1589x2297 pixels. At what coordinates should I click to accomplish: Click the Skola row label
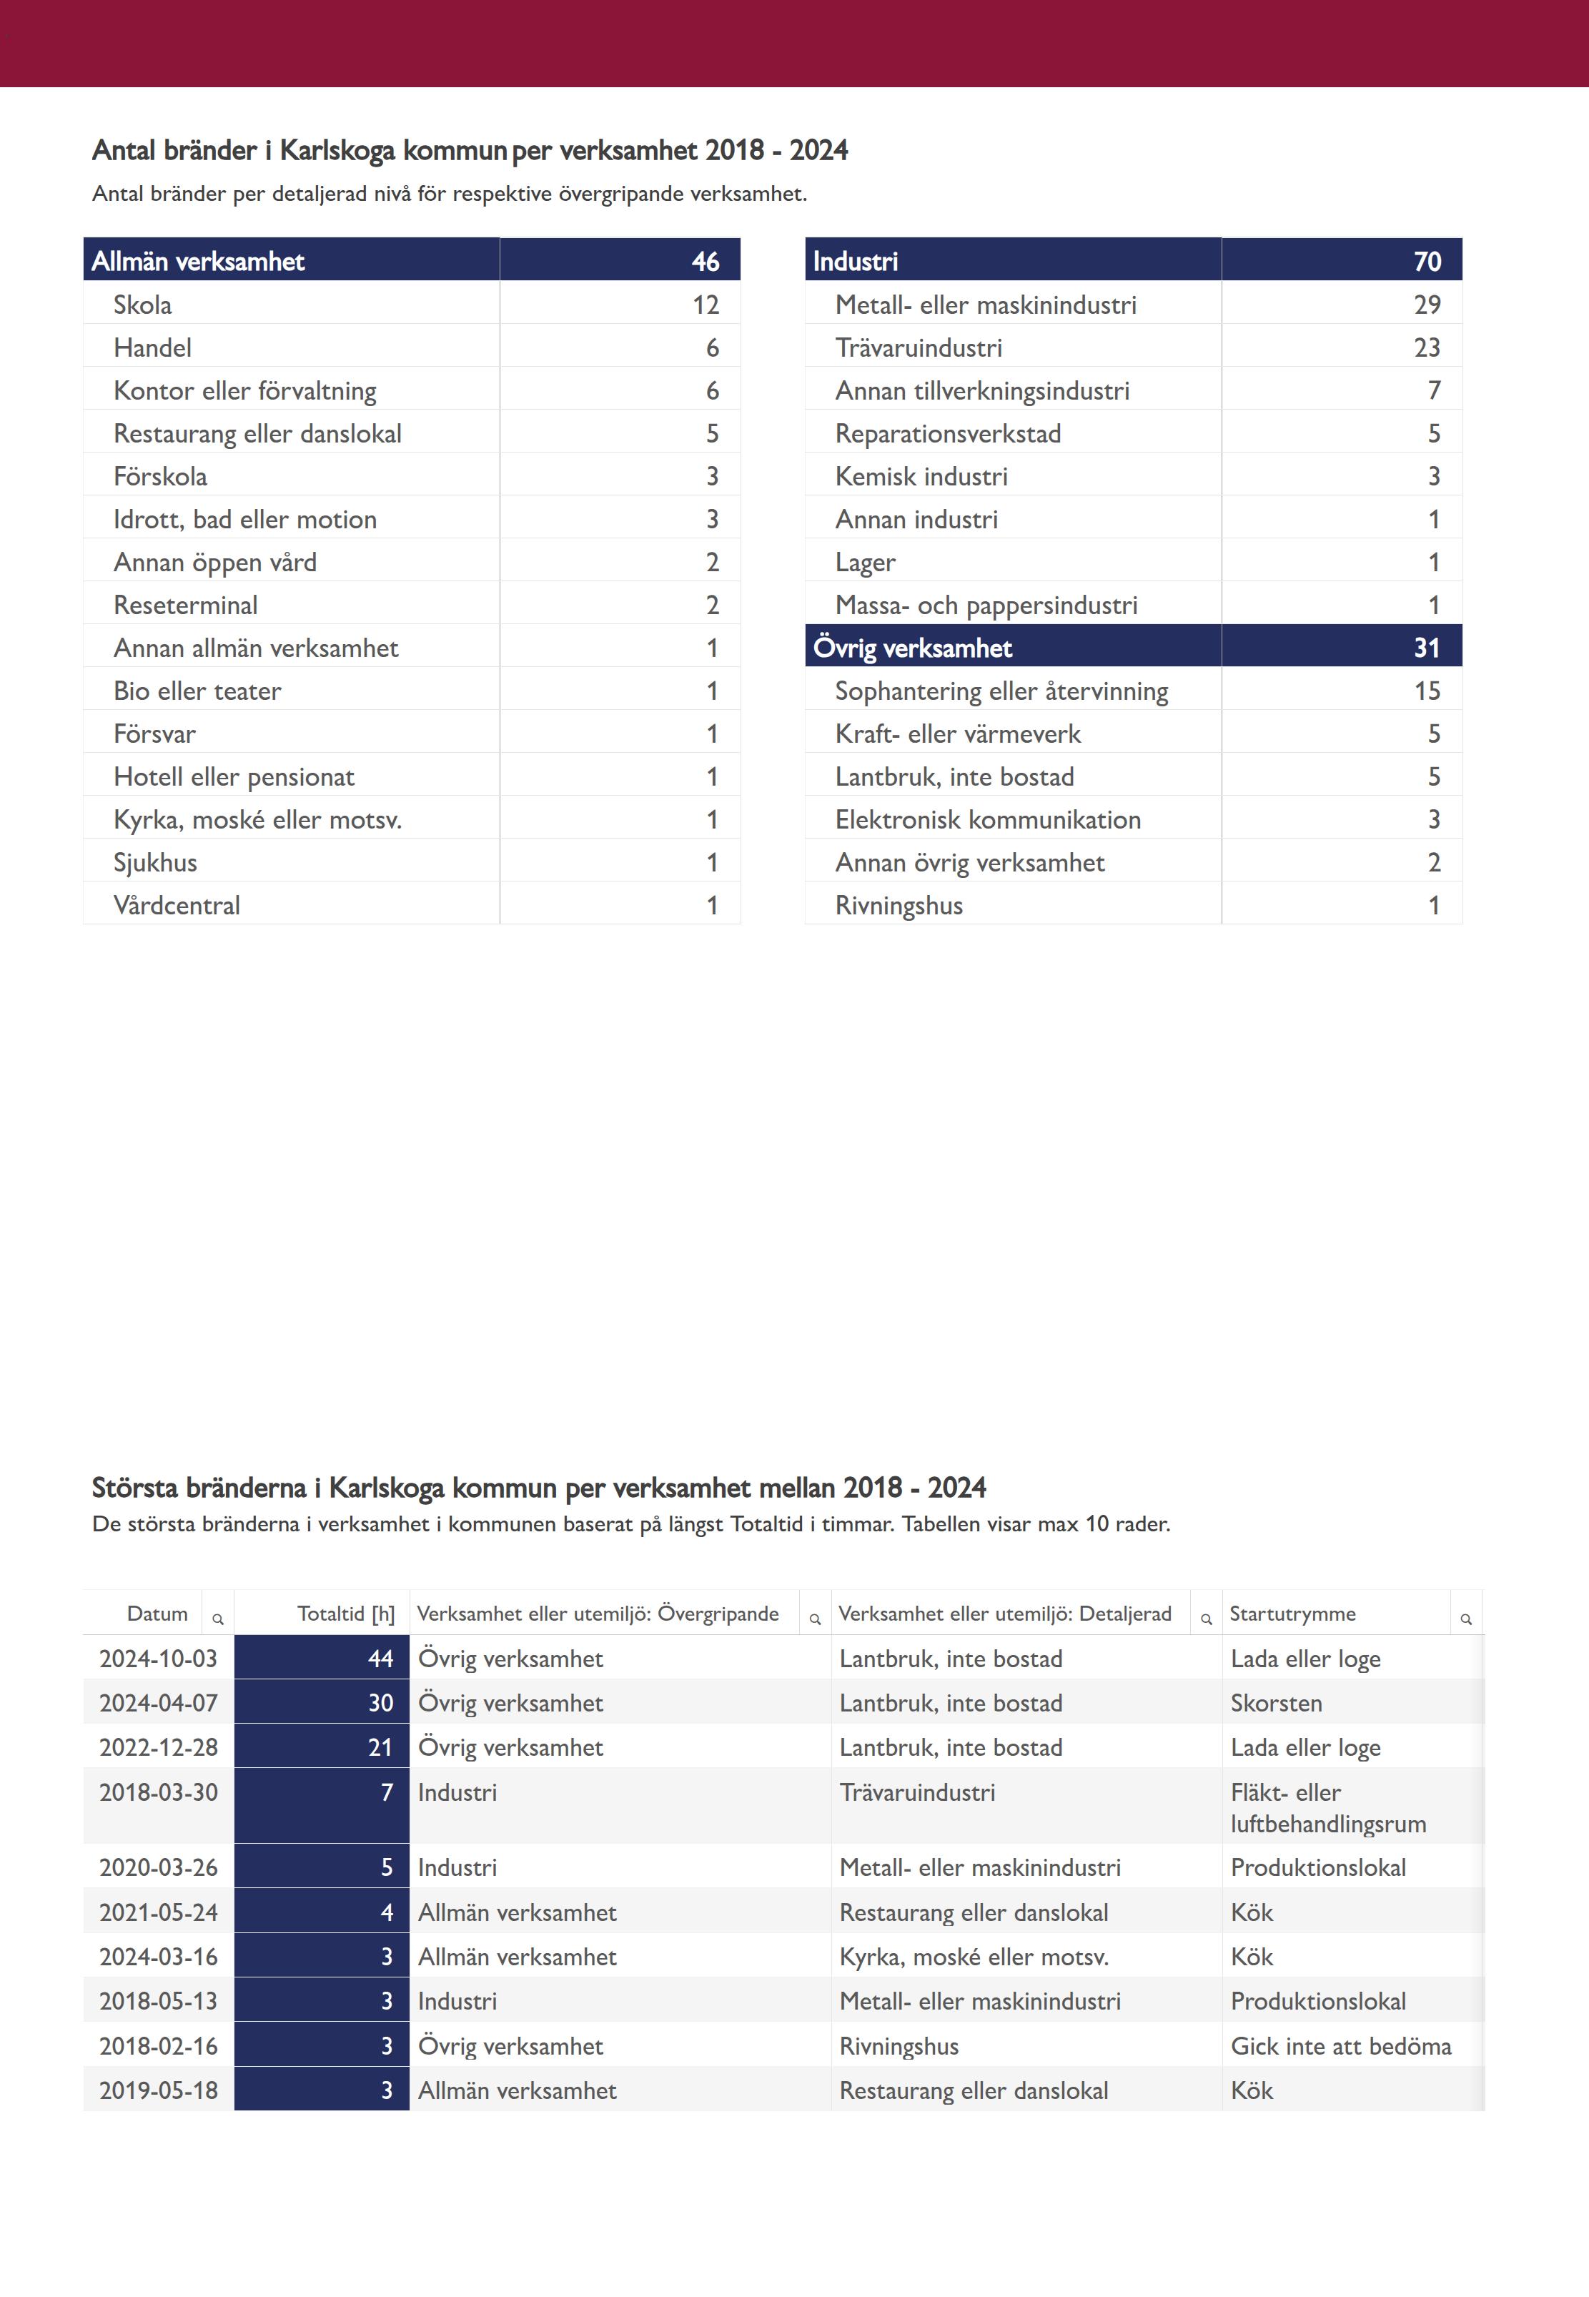pos(142,305)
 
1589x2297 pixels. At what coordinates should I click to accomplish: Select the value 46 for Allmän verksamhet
pos(705,261)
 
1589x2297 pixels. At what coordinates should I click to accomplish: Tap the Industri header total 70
pos(1427,261)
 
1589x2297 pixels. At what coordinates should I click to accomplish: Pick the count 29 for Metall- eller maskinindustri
pos(1427,305)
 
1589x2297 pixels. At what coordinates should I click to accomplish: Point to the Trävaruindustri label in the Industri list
pos(918,347)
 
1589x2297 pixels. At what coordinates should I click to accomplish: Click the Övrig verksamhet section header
pos(912,648)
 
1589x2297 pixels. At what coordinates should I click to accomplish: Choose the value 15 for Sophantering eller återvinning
pos(1427,691)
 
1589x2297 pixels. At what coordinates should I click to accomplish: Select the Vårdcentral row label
pos(177,906)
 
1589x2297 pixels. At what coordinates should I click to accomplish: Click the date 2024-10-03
pos(158,1659)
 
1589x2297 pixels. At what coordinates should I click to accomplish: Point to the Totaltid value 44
pos(380,1659)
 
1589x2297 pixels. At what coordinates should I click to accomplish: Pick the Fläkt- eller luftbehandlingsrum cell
pos(1328,1808)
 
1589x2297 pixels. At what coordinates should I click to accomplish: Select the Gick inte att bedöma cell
pos(1340,2046)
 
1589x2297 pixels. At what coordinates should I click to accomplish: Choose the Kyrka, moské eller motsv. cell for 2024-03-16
pos(974,1957)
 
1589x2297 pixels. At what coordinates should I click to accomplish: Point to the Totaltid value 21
pos(380,1747)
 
